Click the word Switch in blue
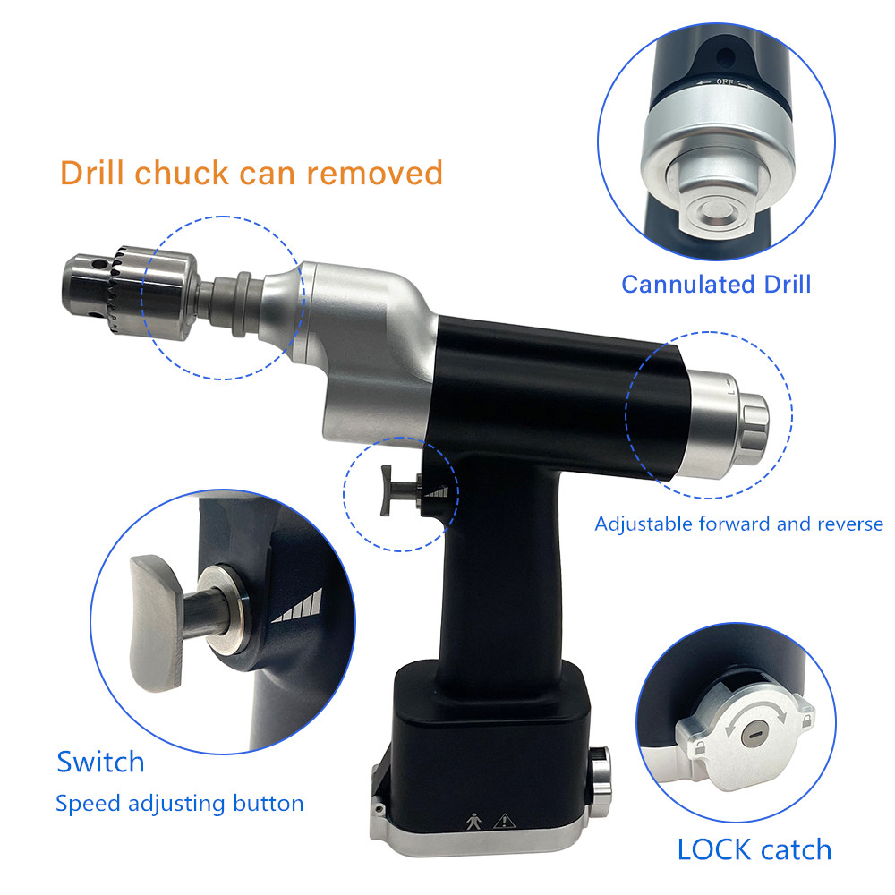point(100,762)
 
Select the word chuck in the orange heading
point(182,173)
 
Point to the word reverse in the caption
point(850,524)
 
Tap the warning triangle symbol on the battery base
point(504,822)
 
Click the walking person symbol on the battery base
point(473,822)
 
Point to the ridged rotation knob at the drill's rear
point(754,422)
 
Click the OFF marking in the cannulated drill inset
point(725,81)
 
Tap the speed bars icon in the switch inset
point(298,607)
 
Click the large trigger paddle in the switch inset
point(154,623)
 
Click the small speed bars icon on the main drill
point(436,492)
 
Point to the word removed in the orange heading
point(375,173)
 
